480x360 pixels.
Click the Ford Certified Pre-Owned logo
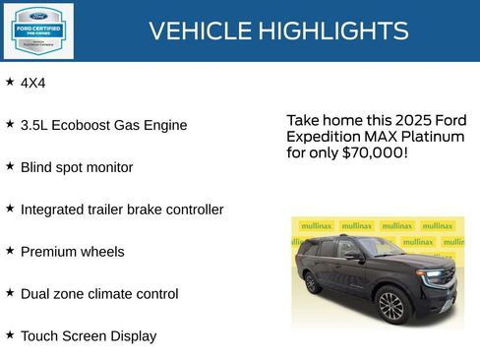37,30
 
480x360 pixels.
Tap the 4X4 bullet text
33,84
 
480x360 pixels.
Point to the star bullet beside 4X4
10,82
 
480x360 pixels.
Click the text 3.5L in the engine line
36,126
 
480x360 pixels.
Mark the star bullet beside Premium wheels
10,250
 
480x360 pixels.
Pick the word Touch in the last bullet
39,336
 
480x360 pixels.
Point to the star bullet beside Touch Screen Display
10,334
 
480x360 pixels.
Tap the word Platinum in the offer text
432,137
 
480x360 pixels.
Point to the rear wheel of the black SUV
312,282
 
